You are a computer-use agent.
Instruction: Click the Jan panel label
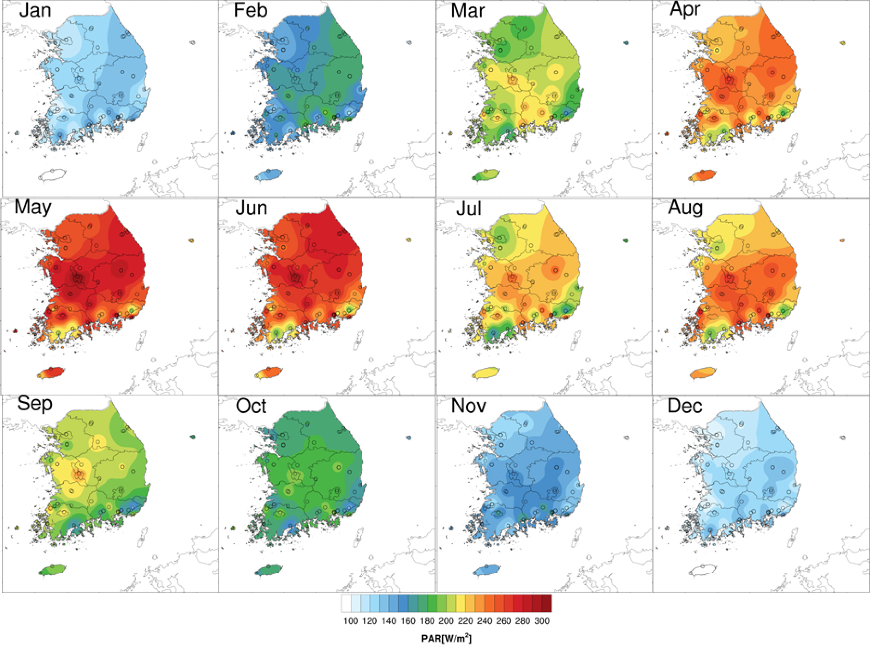pos(35,11)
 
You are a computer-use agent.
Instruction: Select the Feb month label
pos(251,11)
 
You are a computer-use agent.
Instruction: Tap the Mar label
pos(468,11)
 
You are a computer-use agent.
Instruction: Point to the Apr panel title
pos(685,10)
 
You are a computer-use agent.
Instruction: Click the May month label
pos(33,207)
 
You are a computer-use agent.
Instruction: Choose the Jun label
pos(251,208)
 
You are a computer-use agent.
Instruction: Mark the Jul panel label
pos(468,208)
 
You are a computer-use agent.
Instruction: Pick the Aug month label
pos(685,208)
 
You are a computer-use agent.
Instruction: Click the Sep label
pos(34,404)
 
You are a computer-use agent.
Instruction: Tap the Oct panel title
pos(251,406)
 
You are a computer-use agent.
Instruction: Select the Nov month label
pos(469,406)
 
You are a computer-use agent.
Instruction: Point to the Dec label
pos(685,406)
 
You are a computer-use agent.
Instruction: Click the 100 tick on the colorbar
pos(351,621)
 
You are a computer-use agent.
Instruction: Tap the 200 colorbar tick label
pos(446,621)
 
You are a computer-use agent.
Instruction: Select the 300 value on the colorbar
pos(542,621)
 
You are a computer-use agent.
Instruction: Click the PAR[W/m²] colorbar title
pos(446,639)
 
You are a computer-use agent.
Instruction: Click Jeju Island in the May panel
pos(52,372)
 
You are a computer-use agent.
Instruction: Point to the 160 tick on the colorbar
pos(408,621)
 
